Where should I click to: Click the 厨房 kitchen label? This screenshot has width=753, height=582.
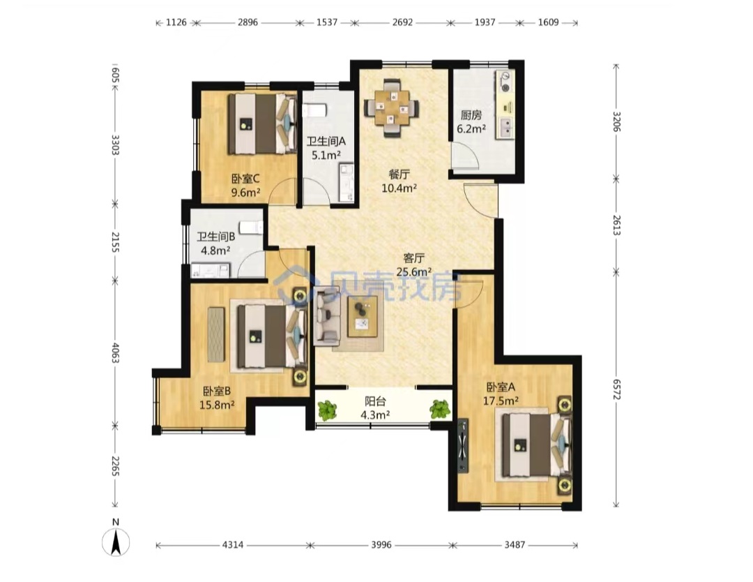(471, 115)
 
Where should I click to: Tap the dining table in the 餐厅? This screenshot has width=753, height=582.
(391, 108)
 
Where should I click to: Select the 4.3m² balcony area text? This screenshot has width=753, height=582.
(375, 415)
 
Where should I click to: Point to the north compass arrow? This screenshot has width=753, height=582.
(116, 542)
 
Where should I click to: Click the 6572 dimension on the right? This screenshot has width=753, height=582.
(616, 389)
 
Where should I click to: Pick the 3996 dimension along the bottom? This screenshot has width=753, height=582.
(381, 545)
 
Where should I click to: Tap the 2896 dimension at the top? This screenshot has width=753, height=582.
(248, 22)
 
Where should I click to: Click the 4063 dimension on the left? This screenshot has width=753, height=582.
(115, 352)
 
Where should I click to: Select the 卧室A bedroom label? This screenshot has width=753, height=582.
(501, 387)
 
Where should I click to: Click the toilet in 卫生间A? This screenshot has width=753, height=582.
(314, 110)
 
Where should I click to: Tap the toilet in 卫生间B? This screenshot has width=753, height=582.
(252, 227)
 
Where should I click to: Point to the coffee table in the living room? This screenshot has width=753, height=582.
(363, 316)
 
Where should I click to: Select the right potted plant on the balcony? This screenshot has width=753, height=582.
(440, 410)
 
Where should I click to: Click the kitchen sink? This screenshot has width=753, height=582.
(505, 128)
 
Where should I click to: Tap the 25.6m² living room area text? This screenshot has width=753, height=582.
(414, 272)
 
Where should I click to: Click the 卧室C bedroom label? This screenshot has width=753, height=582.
(245, 179)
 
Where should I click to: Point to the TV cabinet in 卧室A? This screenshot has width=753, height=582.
(462, 446)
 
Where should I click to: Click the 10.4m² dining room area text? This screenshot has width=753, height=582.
(399, 188)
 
